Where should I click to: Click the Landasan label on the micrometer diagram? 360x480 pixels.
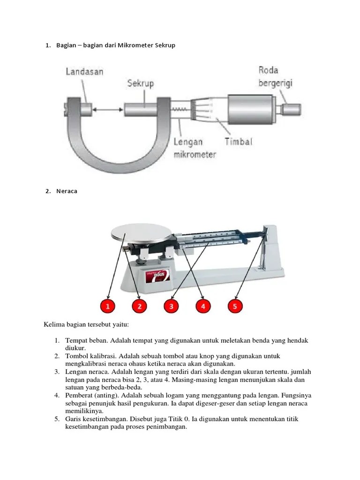pos(85,72)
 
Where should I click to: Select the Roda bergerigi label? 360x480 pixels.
pos(275,76)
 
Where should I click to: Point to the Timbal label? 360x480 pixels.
pos(238,142)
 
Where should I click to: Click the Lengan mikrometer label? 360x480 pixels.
pos(195,148)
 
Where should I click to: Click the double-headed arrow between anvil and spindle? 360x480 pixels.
pos(108,109)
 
